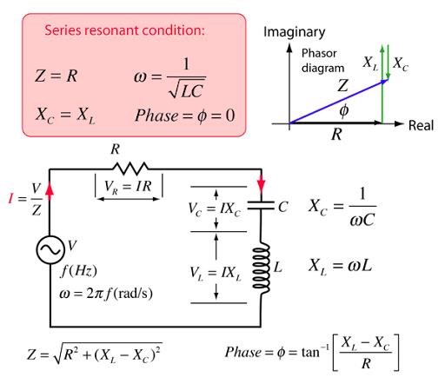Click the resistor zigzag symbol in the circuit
[x=130, y=169]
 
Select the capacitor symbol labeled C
[x=261, y=206]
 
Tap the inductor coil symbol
[x=261, y=268]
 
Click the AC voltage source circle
[x=50, y=249]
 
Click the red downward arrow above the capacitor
[x=262, y=183]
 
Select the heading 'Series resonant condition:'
[x=124, y=30]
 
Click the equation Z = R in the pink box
[x=56, y=76]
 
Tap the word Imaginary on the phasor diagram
[x=295, y=33]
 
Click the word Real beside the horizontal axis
[x=421, y=126]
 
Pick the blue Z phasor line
[x=338, y=102]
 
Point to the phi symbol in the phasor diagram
[x=344, y=110]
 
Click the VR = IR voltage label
[x=128, y=186]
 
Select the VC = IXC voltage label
[x=215, y=209]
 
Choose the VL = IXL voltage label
[x=216, y=274]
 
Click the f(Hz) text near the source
[x=78, y=272]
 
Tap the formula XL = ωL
[x=341, y=266]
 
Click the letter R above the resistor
[x=116, y=149]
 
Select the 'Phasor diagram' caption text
[x=322, y=61]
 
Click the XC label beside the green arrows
[x=401, y=63]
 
